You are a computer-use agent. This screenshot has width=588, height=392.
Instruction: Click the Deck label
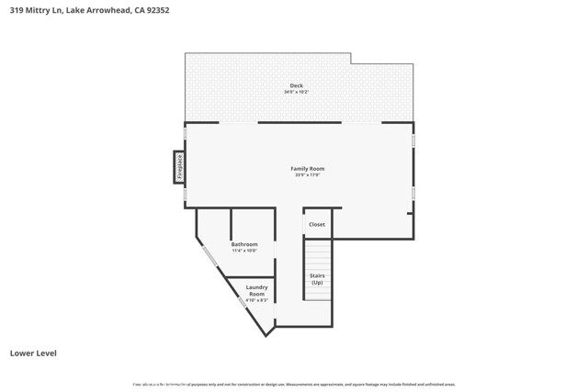(x=297, y=85)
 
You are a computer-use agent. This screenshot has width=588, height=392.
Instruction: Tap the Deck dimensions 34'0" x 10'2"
(x=297, y=92)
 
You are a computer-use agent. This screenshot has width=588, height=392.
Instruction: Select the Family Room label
(x=308, y=168)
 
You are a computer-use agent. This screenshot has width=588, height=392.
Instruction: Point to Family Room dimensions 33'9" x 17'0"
(x=308, y=174)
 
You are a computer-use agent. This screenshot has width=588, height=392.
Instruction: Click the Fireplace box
(x=179, y=167)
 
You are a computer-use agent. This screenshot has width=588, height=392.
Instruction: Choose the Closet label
(x=317, y=224)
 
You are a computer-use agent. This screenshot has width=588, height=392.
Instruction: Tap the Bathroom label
(x=244, y=244)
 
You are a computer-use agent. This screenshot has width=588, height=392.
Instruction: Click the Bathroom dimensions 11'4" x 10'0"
(x=244, y=251)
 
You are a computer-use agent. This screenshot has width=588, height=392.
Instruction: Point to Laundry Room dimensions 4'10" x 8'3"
(x=256, y=300)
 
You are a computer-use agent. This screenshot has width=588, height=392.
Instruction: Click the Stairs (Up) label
(x=317, y=279)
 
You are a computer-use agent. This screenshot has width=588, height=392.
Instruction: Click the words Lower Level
(x=33, y=353)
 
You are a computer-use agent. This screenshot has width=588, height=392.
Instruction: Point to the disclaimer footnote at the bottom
(x=294, y=385)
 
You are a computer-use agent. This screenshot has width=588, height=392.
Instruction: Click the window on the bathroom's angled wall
(x=209, y=257)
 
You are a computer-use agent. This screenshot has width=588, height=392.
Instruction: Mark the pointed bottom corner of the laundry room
(x=266, y=335)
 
